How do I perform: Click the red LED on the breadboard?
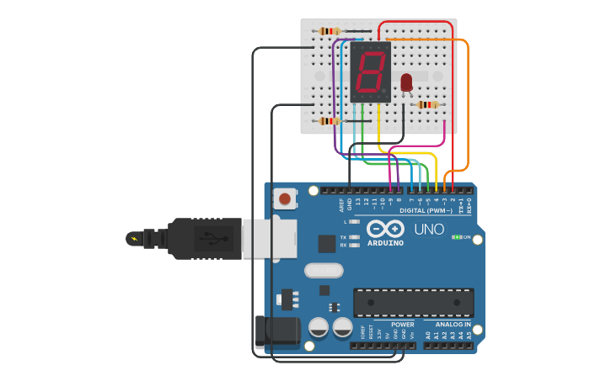(406, 82)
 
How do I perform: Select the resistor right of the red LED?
(428, 104)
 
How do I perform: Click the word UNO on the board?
(428, 228)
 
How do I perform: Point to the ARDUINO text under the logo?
(385, 243)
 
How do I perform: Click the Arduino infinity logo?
(385, 228)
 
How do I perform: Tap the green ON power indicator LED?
(456, 237)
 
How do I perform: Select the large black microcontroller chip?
(413, 303)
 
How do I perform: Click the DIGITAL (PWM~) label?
(426, 210)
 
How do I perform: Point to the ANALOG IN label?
(453, 324)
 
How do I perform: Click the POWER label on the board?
(402, 324)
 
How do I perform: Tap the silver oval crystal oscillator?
(324, 271)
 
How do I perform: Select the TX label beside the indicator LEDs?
(343, 238)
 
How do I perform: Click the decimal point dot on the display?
(384, 90)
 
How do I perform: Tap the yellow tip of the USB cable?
(133, 239)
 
